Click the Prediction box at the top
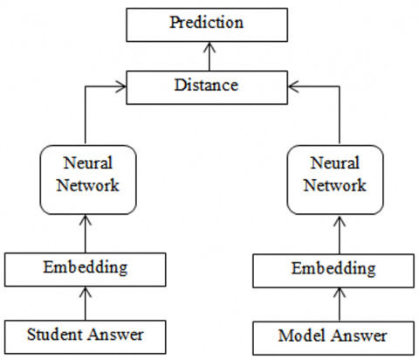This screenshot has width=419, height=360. (x=209, y=24)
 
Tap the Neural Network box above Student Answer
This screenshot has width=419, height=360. (x=86, y=177)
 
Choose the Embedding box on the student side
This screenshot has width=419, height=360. (x=86, y=267)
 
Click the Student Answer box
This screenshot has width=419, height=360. (x=86, y=334)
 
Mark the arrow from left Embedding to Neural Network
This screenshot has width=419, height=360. (x=86, y=232)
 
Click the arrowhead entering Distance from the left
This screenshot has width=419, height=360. (x=122, y=86)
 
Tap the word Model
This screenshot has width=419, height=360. (x=299, y=336)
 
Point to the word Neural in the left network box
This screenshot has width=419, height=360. (x=86, y=163)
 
